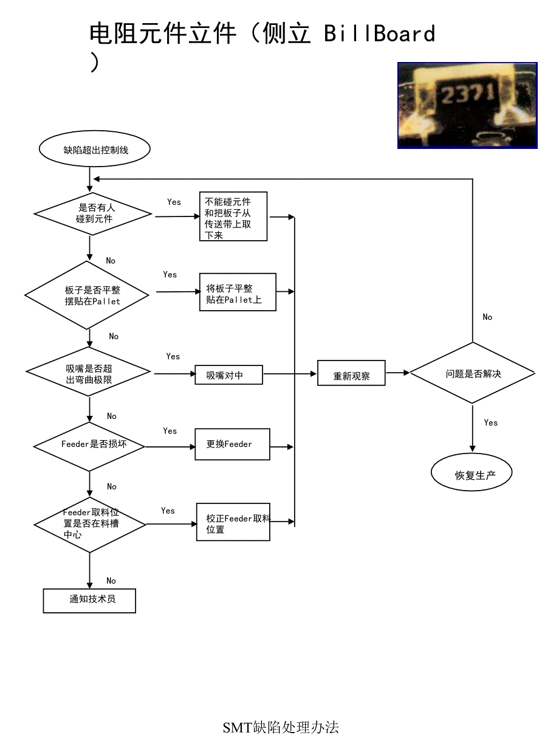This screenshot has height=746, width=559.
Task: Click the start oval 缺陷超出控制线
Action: click(94, 150)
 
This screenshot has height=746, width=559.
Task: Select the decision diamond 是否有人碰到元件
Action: click(92, 213)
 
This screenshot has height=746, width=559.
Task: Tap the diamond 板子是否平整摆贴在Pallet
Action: click(87, 295)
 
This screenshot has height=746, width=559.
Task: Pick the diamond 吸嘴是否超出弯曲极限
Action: click(88, 371)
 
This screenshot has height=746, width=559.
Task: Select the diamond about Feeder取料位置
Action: click(90, 523)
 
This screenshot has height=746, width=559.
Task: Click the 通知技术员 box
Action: click(89, 600)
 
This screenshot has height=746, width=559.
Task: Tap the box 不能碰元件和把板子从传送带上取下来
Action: click(233, 216)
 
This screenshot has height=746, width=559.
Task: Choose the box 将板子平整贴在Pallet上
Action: click(238, 292)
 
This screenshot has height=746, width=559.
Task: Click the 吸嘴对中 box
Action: click(228, 375)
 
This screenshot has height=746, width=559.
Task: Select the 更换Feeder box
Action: click(232, 444)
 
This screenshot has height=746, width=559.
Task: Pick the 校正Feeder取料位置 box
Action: click(233, 522)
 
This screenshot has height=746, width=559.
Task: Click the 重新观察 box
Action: click(351, 374)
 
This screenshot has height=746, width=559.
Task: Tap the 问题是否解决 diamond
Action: click(473, 373)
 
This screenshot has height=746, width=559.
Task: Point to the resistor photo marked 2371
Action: click(467, 105)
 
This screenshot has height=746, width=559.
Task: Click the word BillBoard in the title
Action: click(379, 33)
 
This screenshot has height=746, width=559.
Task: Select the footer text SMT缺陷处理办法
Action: click(281, 727)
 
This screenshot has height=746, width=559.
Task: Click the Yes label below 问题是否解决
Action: click(491, 423)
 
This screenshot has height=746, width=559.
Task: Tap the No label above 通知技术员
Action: click(111, 581)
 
